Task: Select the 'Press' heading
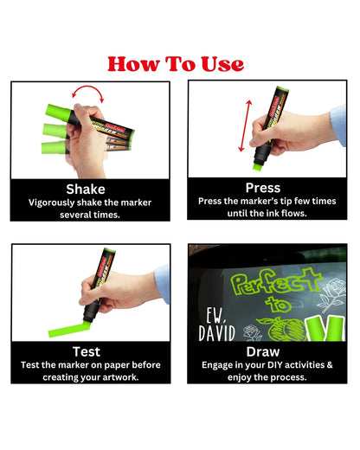262,187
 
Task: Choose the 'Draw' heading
262,351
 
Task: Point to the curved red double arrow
87,93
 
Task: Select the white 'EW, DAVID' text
211,321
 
